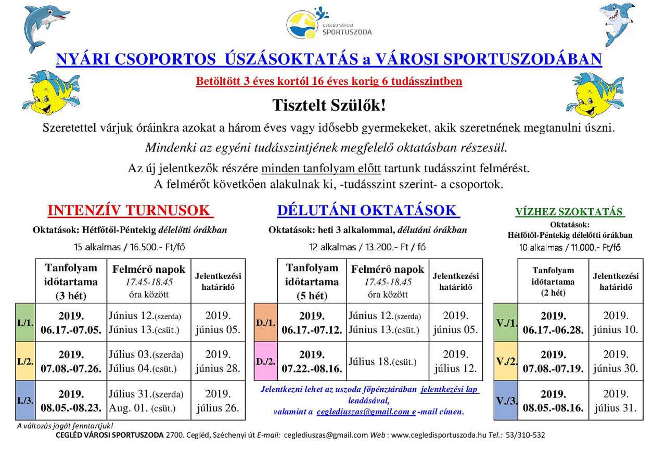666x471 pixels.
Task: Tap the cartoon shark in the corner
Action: point(618,23)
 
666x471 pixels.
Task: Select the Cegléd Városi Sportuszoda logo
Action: point(329,24)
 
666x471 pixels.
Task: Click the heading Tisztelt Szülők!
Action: point(329,105)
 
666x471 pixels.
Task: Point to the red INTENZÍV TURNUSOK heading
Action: point(130,210)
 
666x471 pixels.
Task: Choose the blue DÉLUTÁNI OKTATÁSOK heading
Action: point(368,210)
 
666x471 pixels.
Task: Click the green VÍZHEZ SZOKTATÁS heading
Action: point(570,212)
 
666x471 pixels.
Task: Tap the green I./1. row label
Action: point(25,322)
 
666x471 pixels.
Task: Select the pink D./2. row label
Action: point(265,361)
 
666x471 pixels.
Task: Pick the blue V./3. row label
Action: point(505,401)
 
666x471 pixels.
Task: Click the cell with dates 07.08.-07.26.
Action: point(71,362)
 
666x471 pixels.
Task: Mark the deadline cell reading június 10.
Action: point(616,323)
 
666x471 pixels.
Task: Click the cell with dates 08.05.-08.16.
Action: point(553,401)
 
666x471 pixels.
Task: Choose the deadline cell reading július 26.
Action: point(218,401)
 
